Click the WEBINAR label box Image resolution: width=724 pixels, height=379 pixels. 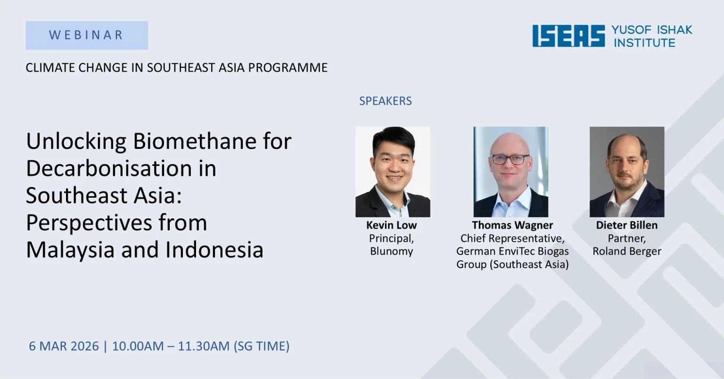tap(87, 35)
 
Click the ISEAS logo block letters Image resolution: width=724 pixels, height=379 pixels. tap(568, 36)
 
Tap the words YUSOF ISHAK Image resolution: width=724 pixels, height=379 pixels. tap(651, 30)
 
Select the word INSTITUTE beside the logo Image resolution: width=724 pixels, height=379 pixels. tap(644, 43)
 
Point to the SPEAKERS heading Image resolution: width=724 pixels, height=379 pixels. tap(385, 101)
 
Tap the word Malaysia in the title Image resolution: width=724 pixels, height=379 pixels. tap(71, 250)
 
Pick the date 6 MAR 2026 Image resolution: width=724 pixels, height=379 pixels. tap(64, 346)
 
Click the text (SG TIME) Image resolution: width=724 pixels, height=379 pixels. tap(261, 346)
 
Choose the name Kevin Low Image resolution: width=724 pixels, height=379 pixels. tap(391, 225)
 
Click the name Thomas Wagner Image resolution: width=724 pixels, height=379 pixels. tap(512, 225)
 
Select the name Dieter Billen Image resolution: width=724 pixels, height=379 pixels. tap(626, 225)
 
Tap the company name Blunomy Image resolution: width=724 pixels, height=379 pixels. tap(391, 251)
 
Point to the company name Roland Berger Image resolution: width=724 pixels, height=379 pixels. tap(626, 251)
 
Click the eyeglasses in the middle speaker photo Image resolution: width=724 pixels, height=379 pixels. tap(510, 159)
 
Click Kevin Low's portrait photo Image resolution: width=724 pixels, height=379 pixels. tap(393, 172)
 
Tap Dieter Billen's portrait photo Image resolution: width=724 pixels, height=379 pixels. tap(626, 172)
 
